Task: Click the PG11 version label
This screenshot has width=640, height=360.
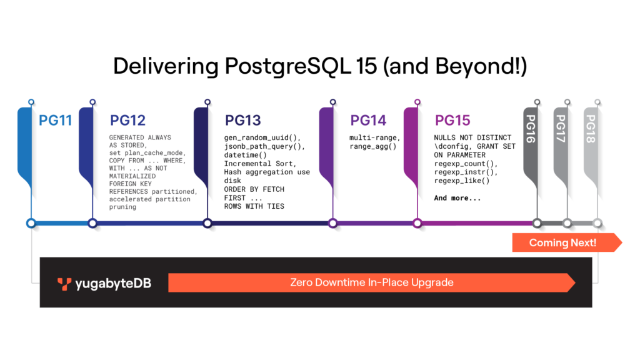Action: (55, 121)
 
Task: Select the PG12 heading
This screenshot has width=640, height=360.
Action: (127, 121)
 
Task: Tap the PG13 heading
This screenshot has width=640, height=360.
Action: (243, 121)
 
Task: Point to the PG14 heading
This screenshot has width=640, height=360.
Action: (368, 121)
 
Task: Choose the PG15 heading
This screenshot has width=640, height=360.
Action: (452, 121)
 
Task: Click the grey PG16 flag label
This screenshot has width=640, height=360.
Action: (530, 129)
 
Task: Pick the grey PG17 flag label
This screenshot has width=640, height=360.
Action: (561, 129)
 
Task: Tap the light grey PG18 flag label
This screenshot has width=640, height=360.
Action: (591, 129)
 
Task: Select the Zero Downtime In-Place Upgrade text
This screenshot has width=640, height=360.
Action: (372, 282)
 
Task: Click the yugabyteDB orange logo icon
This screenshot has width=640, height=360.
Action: (64, 284)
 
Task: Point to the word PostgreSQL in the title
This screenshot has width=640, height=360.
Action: (287, 66)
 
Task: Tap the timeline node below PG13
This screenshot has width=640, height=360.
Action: (207, 223)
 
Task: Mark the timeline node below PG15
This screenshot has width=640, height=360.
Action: (417, 223)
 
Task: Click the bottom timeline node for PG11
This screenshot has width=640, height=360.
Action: (31, 223)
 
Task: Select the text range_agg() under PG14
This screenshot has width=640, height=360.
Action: (372, 146)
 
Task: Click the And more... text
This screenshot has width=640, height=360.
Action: (457, 198)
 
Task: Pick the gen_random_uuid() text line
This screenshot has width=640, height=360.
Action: (262, 138)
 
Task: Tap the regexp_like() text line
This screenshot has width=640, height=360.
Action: (462, 181)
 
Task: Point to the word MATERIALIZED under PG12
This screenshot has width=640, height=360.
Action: (132, 176)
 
